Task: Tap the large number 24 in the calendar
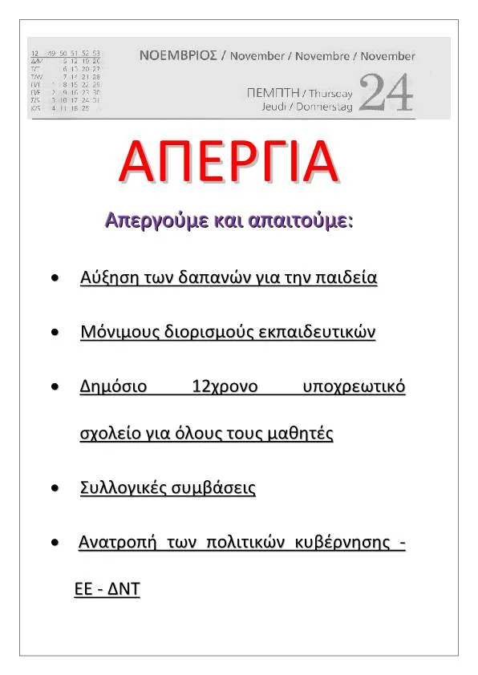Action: [x=387, y=92]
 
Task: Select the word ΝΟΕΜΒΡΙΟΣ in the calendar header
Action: [x=178, y=56]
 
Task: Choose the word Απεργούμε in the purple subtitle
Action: [x=147, y=220]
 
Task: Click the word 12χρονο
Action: [x=225, y=387]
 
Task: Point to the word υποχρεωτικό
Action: [x=354, y=387]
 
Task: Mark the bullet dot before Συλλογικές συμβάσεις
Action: [x=55, y=488]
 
